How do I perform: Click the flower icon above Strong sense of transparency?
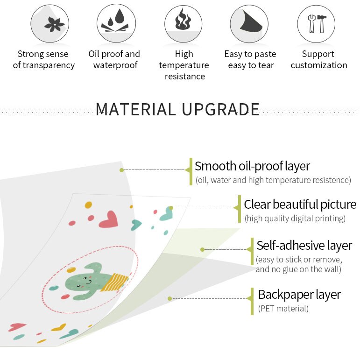click(55, 24)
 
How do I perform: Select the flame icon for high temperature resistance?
click(183, 19)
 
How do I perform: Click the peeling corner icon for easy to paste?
click(251, 22)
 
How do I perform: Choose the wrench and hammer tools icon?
click(317, 23)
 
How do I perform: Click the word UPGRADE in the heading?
click(221, 109)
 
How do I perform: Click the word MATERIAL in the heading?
click(136, 109)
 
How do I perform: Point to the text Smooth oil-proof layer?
click(252, 166)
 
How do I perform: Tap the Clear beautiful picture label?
click(300, 204)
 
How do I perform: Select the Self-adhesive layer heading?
click(304, 245)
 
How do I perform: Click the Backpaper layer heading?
click(299, 295)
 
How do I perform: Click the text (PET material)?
click(283, 308)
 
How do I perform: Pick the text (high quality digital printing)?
click(295, 219)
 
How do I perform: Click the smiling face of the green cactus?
click(85, 282)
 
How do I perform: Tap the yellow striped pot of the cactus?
click(114, 282)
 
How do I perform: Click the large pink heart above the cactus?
click(109, 219)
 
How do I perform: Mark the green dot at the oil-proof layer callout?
click(122, 170)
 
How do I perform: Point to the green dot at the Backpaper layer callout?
click(169, 298)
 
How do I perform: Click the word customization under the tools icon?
click(319, 65)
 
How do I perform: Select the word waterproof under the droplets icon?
click(115, 65)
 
